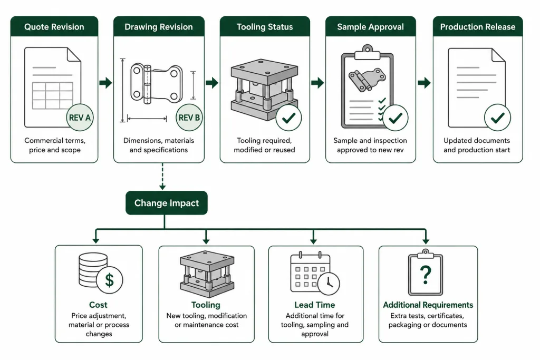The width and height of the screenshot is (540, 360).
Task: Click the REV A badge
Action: (80, 118)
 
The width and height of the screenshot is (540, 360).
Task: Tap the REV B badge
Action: (189, 118)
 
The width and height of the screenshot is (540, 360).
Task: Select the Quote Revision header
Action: (54, 26)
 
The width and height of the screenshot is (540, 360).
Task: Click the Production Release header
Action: (478, 26)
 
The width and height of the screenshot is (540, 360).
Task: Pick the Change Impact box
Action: (167, 203)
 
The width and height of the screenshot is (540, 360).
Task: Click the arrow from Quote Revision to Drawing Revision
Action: (105, 83)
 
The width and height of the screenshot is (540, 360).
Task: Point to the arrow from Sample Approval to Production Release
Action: (425, 83)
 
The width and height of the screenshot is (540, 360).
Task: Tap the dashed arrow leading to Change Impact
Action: (162, 177)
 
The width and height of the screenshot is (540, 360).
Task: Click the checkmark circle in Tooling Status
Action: (288, 118)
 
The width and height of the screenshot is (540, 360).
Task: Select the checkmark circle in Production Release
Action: (497, 118)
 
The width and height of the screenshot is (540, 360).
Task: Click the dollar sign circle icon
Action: (110, 280)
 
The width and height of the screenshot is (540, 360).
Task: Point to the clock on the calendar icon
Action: (329, 284)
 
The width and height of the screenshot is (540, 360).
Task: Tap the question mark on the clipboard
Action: (426, 274)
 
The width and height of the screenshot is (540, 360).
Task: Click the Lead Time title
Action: (315, 305)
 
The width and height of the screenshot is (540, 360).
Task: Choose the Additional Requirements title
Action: (428, 305)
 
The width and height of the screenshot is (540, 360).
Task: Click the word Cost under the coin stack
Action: (98, 305)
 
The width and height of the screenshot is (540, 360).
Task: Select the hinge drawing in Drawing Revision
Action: (156, 84)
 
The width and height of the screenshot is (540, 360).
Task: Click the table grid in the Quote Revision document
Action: (53, 96)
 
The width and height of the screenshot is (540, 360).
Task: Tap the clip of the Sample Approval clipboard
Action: (368, 52)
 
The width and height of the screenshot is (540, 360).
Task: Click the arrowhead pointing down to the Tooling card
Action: (206, 240)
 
